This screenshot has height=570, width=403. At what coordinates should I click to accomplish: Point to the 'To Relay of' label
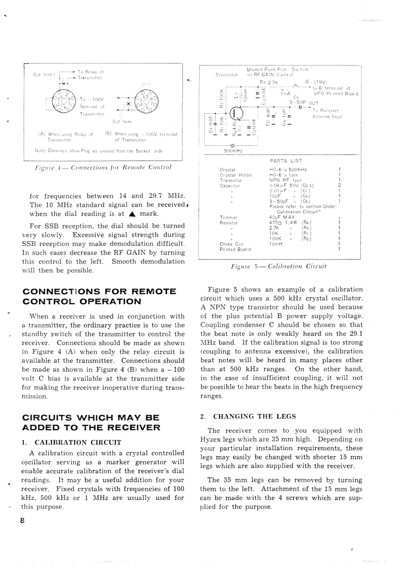pos(90,73)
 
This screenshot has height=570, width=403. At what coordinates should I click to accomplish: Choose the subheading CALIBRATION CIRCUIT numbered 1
pos(75,441)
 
